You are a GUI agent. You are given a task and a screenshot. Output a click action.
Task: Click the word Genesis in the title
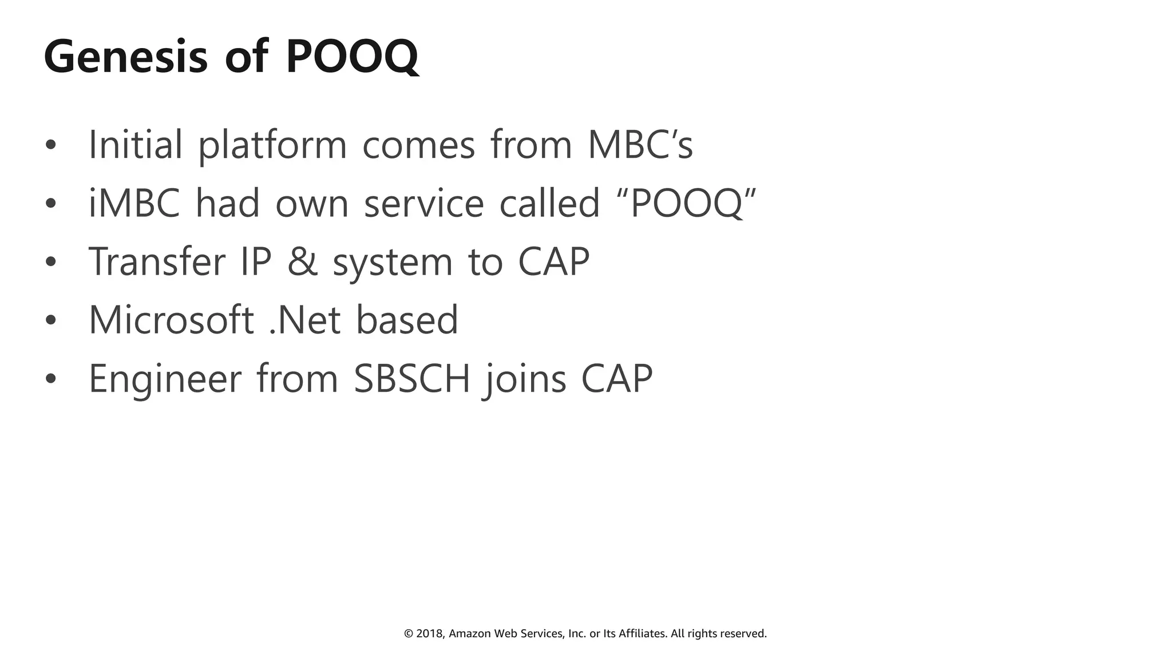point(125,57)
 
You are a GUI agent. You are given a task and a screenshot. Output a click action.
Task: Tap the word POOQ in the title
point(352,57)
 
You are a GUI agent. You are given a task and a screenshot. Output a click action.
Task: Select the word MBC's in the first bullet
point(640,145)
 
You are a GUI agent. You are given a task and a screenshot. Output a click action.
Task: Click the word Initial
point(136,145)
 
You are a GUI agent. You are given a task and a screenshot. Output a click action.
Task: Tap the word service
point(424,203)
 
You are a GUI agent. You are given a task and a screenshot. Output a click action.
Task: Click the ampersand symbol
point(302,261)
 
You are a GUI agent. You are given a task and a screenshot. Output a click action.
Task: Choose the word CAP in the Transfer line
point(553,261)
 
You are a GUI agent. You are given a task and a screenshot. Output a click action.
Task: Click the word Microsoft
point(171,320)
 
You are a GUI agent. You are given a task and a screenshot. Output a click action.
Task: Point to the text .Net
point(305,320)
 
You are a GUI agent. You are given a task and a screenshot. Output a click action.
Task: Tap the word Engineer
point(165,379)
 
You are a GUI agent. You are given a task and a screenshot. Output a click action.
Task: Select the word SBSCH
point(411,378)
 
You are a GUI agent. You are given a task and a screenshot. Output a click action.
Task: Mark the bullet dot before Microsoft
point(51,320)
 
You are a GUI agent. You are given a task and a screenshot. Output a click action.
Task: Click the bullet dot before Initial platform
point(51,145)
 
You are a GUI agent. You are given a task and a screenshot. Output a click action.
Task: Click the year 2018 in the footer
point(430,634)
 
